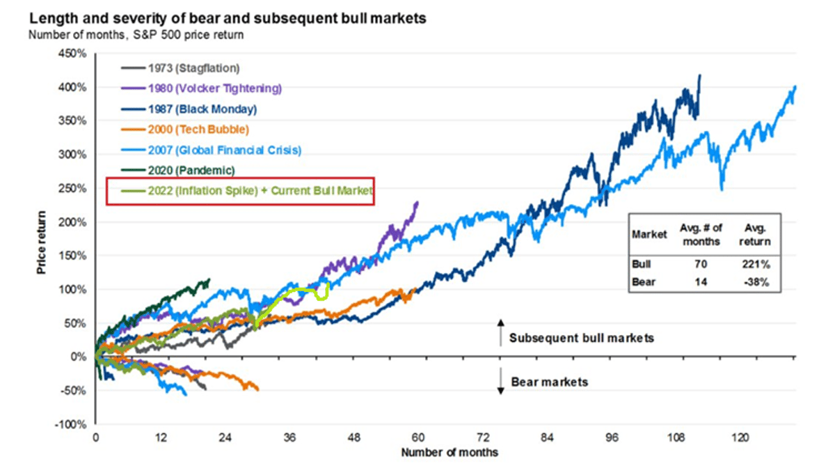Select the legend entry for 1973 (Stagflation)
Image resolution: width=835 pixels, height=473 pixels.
[x=193, y=68]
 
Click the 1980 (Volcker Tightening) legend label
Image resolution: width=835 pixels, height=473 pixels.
[x=214, y=88]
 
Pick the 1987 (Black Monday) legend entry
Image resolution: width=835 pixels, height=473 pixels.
[x=202, y=109]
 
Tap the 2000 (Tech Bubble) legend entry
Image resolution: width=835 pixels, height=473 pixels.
[x=198, y=130]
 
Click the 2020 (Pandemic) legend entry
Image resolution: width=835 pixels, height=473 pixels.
[x=191, y=170]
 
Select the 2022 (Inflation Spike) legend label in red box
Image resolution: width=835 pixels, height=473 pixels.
[x=260, y=190]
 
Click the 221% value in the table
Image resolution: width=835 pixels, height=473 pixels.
[x=756, y=265]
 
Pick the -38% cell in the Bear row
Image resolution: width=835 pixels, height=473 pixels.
[x=756, y=282]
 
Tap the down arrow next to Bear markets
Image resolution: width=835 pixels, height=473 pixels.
[x=500, y=382]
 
